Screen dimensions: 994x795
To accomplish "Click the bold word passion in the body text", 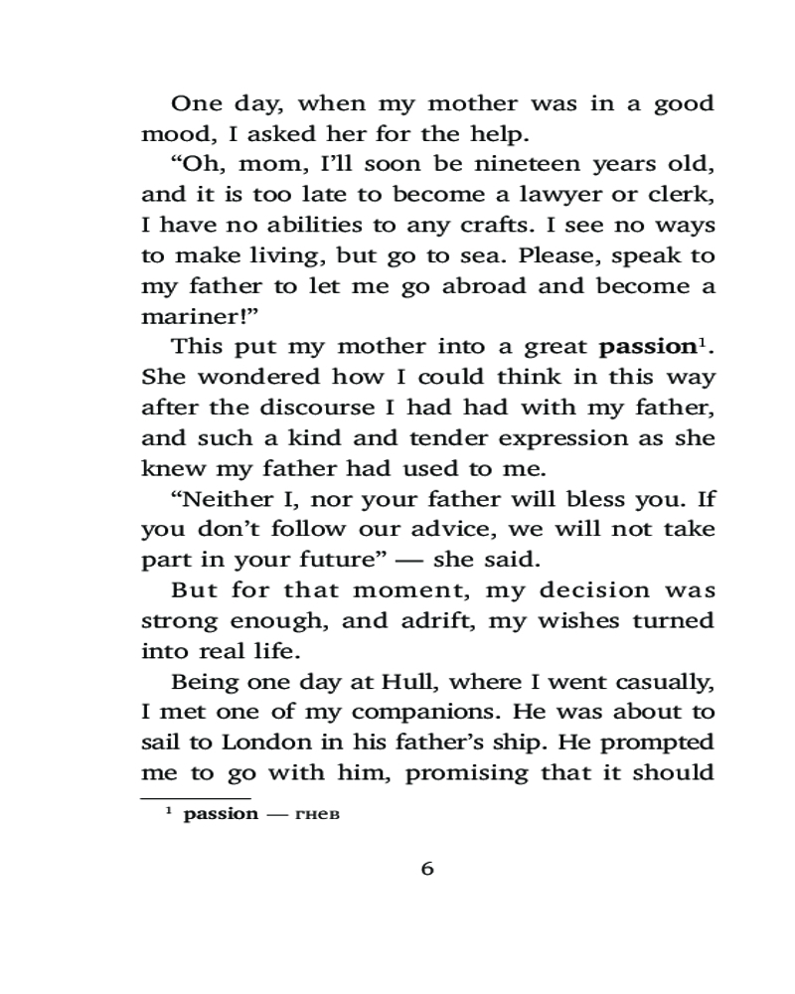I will [x=646, y=348].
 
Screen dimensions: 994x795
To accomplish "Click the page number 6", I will [x=427, y=869].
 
